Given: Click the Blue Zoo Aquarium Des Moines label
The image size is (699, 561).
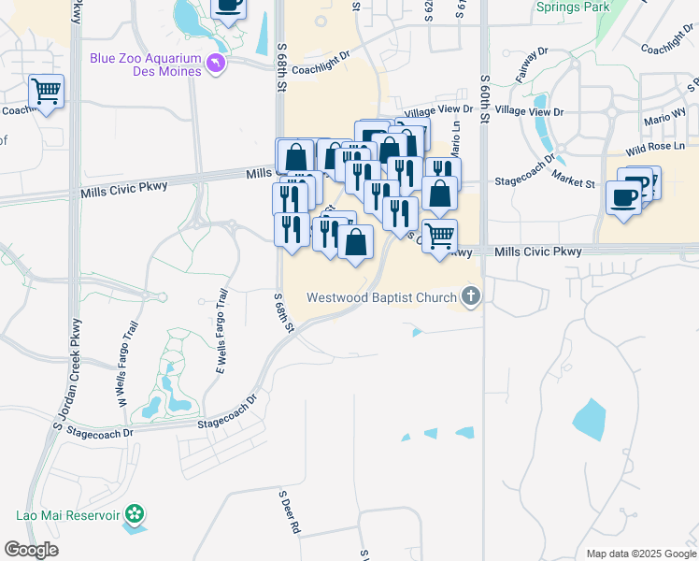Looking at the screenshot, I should pyautogui.click(x=145, y=65).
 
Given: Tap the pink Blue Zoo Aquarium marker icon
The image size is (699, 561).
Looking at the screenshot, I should pyautogui.click(x=217, y=64).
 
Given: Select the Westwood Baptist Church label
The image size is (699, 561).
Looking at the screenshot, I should pyautogui.click(x=381, y=298).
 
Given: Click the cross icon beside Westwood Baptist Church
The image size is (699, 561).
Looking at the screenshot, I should pyautogui.click(x=471, y=298).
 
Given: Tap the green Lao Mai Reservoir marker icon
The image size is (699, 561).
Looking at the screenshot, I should pyautogui.click(x=136, y=513).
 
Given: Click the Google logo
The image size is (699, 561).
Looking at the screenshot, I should pyautogui.click(x=32, y=550).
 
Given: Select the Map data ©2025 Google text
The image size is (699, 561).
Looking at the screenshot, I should pyautogui.click(x=640, y=554).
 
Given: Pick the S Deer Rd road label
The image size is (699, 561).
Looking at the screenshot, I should pyautogui.click(x=290, y=511).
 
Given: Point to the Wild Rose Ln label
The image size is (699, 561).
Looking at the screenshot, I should pyautogui.click(x=655, y=148).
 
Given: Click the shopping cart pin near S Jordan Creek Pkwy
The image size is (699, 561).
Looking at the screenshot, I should pyautogui.click(x=46, y=91).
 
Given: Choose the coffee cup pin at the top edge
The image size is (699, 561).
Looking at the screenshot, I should pyautogui.click(x=228, y=5).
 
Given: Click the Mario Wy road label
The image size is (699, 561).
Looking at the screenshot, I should pyautogui.click(x=664, y=120).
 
